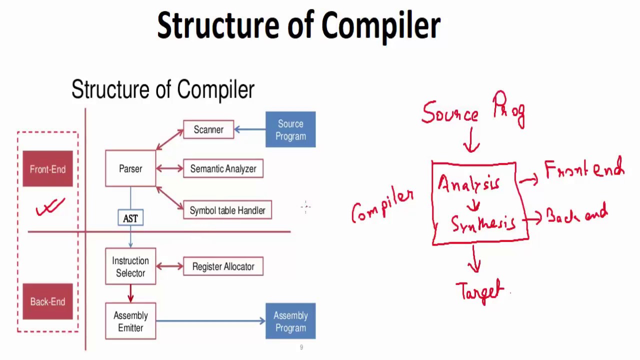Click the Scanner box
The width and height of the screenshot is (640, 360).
click(208, 129)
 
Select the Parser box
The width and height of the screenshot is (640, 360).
click(130, 169)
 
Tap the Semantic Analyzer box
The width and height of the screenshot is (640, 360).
click(223, 169)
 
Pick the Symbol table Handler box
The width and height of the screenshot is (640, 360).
click(227, 210)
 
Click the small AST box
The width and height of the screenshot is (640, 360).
click(130, 218)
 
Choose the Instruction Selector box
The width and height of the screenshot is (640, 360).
click(130, 267)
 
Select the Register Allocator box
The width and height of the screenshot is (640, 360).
click(223, 266)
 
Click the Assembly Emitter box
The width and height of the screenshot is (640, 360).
click(130, 321)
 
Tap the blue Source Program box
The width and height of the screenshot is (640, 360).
click(290, 130)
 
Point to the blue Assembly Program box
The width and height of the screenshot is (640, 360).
click(290, 321)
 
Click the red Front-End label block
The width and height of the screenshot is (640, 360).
click(47, 169)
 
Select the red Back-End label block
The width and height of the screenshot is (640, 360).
click(47, 301)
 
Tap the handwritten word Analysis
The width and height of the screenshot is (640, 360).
click(469, 184)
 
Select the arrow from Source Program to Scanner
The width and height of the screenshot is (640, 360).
click(249, 129)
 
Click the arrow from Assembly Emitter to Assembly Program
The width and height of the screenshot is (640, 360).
click(210, 321)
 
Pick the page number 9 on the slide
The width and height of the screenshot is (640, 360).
click(301, 347)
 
